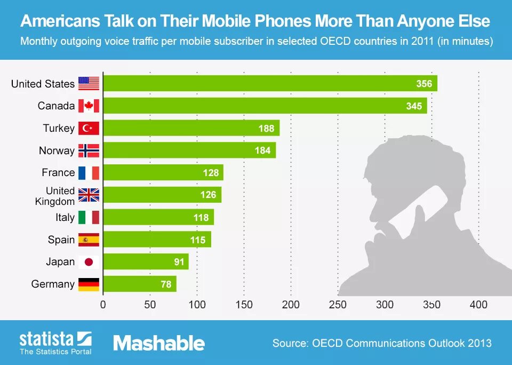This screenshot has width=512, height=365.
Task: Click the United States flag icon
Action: click(89, 83)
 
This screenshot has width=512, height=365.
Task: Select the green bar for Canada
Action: click(265, 106)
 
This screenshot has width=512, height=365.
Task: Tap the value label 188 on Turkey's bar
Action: click(266, 128)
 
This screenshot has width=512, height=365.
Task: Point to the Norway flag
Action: click(89, 150)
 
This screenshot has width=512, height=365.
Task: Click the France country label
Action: click(58, 172)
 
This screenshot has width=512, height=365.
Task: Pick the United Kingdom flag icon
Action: click(89, 195)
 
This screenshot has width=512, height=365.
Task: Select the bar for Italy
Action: click(158, 217)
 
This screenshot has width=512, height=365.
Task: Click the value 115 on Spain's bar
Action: click(197, 240)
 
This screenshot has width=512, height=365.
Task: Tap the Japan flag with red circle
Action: click(89, 262)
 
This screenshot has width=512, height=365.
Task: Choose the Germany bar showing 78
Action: click(139, 284)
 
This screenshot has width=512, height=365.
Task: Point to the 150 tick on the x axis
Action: click(244, 305)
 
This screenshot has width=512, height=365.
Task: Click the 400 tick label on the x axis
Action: click(478, 305)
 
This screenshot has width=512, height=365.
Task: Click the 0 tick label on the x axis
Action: click(103, 305)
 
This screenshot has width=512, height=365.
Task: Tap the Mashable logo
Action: click(159, 343)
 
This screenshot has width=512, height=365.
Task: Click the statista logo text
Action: click(47, 338)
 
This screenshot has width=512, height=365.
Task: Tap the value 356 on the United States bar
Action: click(424, 84)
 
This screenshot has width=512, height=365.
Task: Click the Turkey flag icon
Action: click(89, 128)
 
